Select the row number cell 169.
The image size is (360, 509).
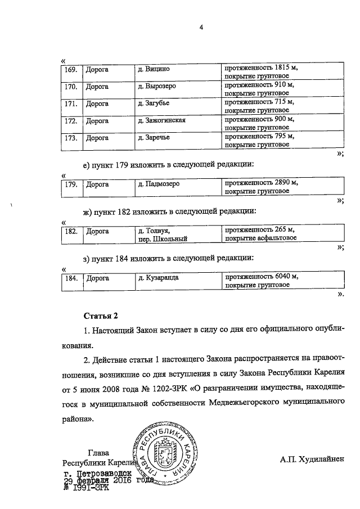[x=70, y=69]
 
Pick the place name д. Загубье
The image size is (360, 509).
[x=157, y=104]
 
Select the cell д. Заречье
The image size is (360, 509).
[x=157, y=137]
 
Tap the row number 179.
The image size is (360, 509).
[x=70, y=184]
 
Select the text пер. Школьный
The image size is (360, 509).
[x=163, y=239]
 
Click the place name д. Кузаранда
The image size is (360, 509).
[x=162, y=278]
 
